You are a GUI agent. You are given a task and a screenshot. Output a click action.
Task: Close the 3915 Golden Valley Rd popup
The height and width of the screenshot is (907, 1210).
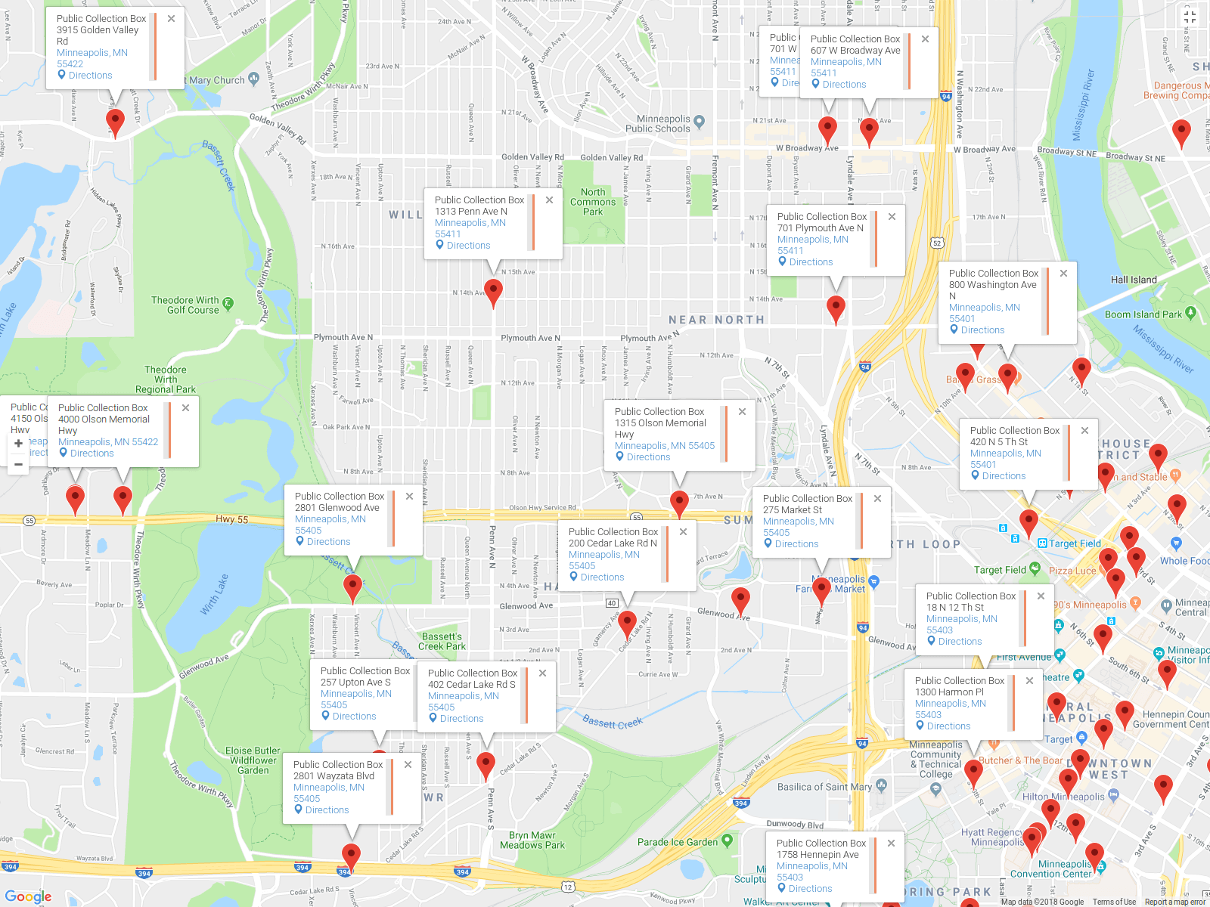click(172, 19)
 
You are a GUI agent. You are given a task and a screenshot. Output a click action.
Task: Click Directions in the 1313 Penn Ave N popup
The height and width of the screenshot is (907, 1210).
click(468, 246)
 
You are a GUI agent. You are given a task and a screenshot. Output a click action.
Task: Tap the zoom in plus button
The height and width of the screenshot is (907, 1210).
click(18, 444)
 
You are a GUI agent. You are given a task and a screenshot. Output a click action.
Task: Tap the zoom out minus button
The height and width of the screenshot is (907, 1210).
click(18, 464)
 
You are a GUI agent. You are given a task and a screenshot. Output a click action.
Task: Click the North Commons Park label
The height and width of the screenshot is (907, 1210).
click(593, 202)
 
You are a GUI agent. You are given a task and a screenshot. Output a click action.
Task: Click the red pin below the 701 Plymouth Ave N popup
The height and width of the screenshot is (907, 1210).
click(836, 308)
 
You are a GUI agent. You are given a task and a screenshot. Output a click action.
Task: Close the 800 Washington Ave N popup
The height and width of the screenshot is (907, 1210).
click(1063, 274)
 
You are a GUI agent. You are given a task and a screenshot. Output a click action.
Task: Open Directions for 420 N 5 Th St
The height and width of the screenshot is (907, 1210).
click(1004, 476)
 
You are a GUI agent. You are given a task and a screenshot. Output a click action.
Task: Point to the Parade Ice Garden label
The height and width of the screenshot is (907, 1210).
click(678, 842)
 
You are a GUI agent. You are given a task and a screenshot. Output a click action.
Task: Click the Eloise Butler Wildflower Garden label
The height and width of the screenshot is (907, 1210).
click(253, 760)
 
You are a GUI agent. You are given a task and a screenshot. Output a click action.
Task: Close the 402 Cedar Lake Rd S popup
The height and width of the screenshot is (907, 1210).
click(542, 673)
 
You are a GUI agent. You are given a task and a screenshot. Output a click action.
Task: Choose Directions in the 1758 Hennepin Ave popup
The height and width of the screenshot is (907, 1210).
click(810, 889)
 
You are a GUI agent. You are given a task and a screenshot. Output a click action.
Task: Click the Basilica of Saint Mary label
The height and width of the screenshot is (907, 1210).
click(824, 787)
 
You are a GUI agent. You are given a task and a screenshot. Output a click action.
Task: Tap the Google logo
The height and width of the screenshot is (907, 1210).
click(28, 896)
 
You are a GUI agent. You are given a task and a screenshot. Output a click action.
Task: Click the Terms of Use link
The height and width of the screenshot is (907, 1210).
click(1114, 902)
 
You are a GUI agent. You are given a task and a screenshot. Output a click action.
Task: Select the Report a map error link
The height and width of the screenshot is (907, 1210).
click(1174, 902)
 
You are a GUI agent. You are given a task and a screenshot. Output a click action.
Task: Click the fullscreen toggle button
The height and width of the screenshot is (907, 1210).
click(1190, 17)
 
